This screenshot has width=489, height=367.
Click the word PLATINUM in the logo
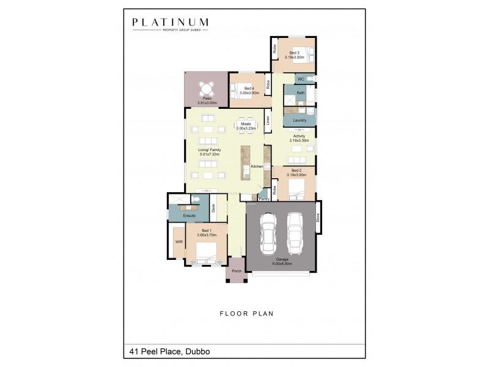pos(171,23)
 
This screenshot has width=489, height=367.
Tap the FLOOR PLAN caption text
pos(246,313)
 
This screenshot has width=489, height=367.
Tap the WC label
pos(301,79)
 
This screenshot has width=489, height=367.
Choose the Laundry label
pos(300,120)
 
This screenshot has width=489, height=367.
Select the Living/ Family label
pos(209,152)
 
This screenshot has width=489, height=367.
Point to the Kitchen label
pos(257,166)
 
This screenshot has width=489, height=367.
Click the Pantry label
pos(264,198)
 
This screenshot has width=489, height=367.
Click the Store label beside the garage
pos(318,217)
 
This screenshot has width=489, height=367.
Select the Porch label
pos(237,271)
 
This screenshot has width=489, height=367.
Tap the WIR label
pos(179,242)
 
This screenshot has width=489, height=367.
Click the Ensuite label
pos(189,216)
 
